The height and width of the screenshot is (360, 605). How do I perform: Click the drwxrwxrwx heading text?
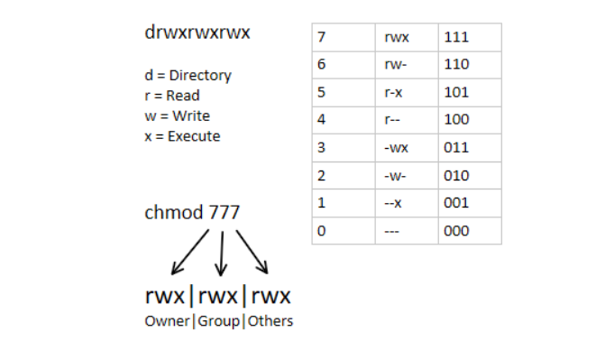(197, 32)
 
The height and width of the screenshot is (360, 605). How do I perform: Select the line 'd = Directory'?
(188, 76)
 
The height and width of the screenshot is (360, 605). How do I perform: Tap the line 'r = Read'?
(171, 96)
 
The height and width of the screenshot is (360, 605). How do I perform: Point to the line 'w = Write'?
(176, 115)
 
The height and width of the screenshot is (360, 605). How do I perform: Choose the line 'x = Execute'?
(181, 135)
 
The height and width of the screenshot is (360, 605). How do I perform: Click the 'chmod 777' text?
(192, 214)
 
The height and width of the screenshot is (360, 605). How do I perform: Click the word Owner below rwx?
(166, 320)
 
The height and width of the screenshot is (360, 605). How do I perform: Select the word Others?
(270, 320)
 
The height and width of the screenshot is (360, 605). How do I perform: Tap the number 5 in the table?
(322, 92)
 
